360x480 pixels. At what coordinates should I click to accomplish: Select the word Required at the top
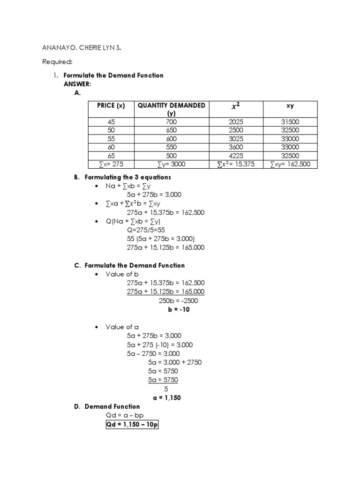pyautogui.click(x=58, y=61)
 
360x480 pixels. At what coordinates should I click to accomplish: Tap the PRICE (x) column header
pyautogui.click(x=111, y=105)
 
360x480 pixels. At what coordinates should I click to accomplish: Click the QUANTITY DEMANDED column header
pyautogui.click(x=171, y=109)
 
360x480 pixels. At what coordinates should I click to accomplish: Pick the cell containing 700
pyautogui.click(x=171, y=122)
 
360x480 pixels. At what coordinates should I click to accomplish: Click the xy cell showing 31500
pyautogui.click(x=290, y=122)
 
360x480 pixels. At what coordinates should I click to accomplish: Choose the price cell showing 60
pyautogui.click(x=111, y=147)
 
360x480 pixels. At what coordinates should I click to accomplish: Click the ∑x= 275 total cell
pyautogui.click(x=111, y=164)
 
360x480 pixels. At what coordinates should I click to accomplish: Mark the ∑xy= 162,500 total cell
pyautogui.click(x=290, y=164)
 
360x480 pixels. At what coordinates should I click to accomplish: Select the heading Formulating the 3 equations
pyautogui.click(x=127, y=177)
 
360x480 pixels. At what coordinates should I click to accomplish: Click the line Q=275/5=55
pyautogui.click(x=146, y=230)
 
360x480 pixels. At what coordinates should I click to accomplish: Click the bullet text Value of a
pyautogui.click(x=123, y=327)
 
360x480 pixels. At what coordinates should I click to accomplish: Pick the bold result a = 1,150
pyautogui.click(x=166, y=397)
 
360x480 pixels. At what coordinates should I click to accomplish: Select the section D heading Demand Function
pyautogui.click(x=112, y=406)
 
